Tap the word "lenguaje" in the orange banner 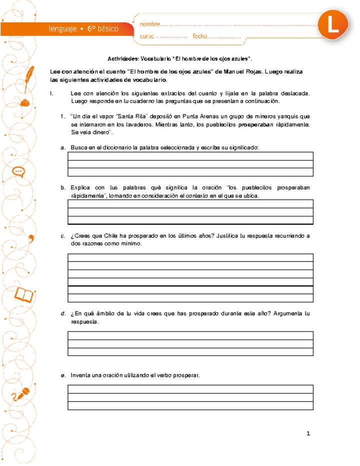(x=63, y=29)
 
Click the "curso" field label (x=147, y=36)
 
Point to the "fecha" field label (x=199, y=36)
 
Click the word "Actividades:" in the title (x=124, y=58)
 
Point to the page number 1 (x=308, y=433)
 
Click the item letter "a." (x=62, y=148)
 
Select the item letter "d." (x=62, y=314)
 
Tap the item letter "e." (x=62, y=375)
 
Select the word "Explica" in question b (x=81, y=187)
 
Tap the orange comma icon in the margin (x=31, y=236)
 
